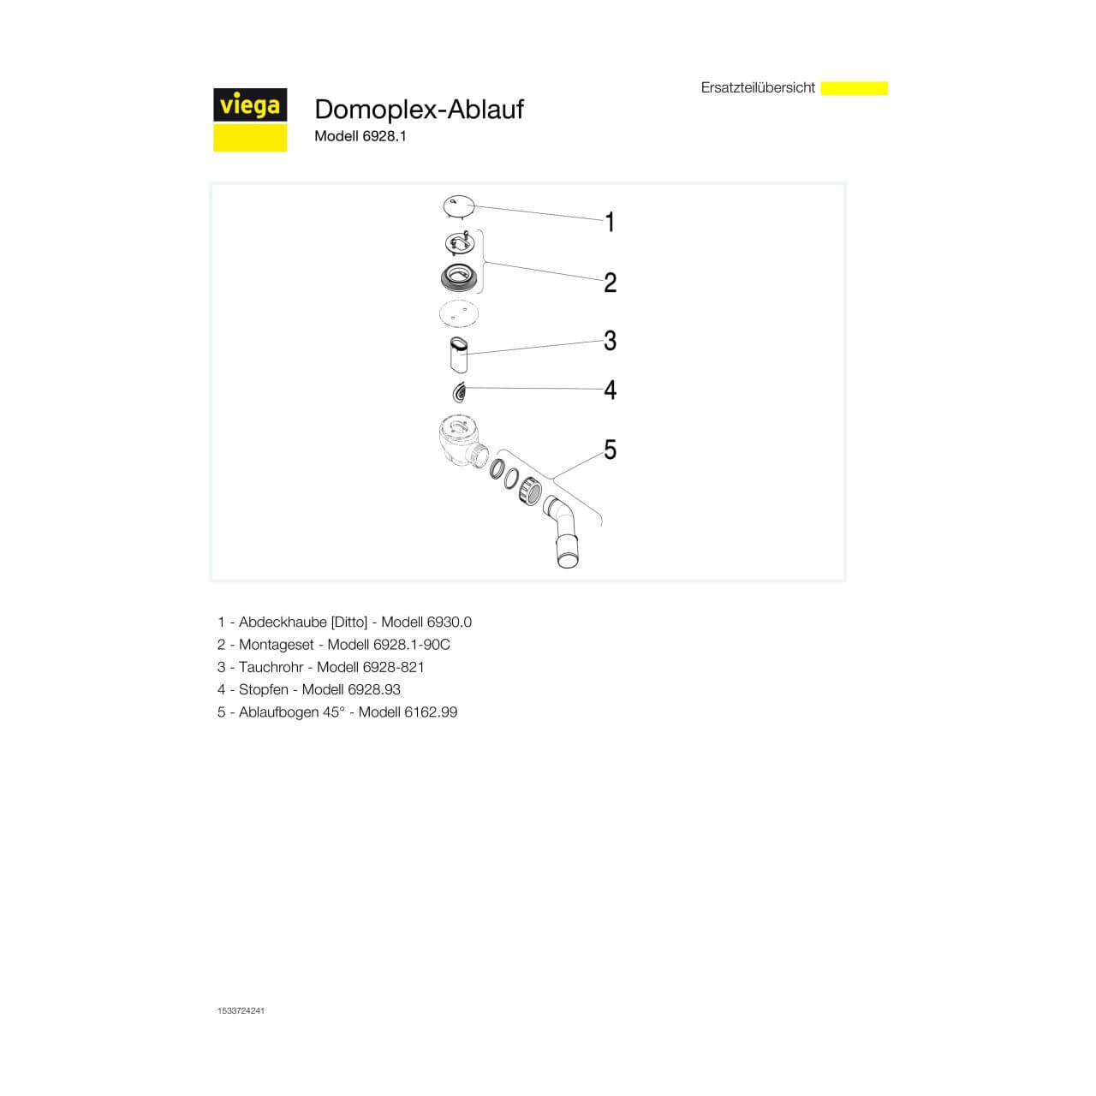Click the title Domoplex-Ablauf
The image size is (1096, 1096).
click(x=419, y=109)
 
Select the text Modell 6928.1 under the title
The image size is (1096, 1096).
click(x=360, y=136)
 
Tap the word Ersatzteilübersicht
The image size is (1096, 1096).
click(x=758, y=87)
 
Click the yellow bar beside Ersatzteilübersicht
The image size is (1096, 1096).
click(x=854, y=88)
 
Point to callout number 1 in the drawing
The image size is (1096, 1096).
click(x=610, y=223)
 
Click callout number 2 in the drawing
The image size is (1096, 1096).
click(x=610, y=282)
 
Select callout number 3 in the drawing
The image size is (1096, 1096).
click(x=610, y=341)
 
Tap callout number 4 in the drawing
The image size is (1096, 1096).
click(x=610, y=390)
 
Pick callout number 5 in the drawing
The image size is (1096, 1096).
click(x=610, y=450)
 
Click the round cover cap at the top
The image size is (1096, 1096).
click(x=459, y=206)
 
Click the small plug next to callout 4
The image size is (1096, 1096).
click(x=460, y=392)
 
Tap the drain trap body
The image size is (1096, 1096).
click(x=460, y=441)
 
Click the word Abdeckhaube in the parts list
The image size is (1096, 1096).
click(x=283, y=622)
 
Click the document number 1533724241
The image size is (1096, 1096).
click(x=241, y=1011)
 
